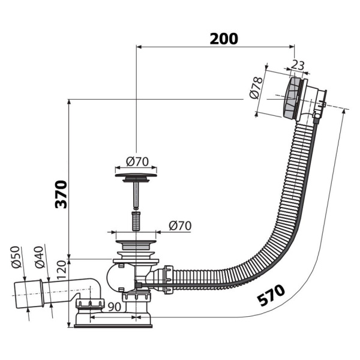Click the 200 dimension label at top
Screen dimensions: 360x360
(x=223, y=38)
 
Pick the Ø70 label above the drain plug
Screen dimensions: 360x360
(x=137, y=161)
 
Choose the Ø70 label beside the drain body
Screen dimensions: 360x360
(x=179, y=226)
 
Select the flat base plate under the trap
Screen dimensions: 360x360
(x=113, y=325)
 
